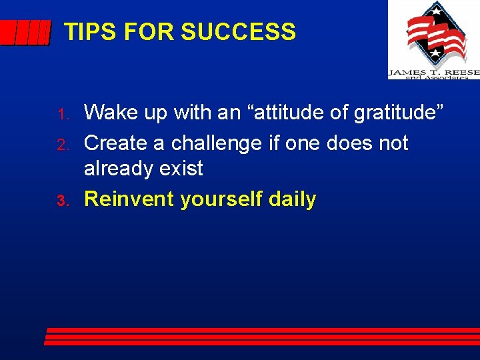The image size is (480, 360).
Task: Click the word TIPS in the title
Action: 85,31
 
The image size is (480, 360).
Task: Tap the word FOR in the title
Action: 145,31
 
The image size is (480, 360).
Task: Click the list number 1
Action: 64,115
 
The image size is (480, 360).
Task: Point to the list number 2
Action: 64,145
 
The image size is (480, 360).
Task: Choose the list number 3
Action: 64,201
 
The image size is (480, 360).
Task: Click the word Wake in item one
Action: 109,113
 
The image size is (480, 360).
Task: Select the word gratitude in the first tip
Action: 396,113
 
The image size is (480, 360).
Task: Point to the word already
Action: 119,169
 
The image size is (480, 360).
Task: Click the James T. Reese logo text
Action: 433,72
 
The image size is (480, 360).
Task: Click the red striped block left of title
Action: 25,32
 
